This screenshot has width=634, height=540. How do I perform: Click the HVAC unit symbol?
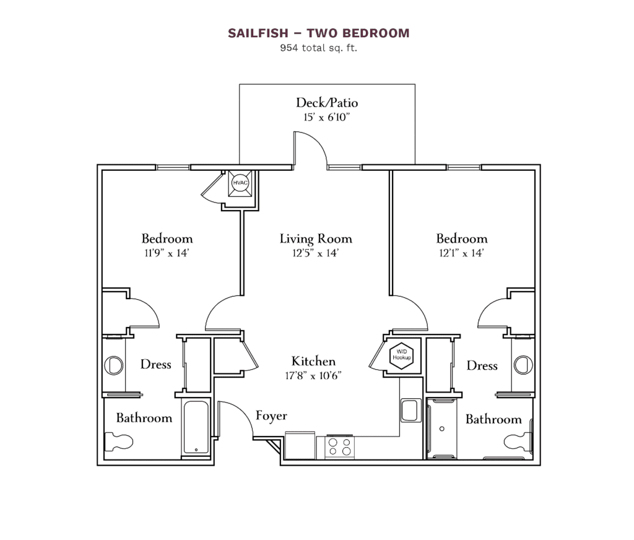[240, 183]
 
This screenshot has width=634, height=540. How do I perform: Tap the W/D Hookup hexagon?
[401, 355]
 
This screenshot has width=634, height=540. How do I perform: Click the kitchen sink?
[409, 410]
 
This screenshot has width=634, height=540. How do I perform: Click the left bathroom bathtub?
[196, 429]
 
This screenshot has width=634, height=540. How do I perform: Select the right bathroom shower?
[443, 428]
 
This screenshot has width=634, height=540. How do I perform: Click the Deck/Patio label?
[327, 102]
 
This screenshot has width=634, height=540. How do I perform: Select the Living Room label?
[316, 238]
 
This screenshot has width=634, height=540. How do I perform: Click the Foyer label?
[271, 416]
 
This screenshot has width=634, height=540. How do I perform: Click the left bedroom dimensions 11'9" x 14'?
[167, 253]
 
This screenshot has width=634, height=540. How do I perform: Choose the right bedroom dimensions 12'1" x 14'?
[461, 253]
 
